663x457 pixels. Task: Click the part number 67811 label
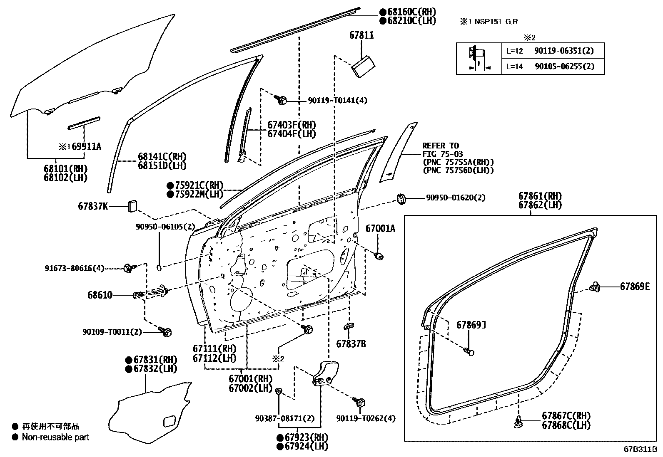coord(361,35)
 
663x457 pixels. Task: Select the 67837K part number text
coord(93,206)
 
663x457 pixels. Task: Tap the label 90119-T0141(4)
coord(337,100)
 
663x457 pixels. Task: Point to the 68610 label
coord(100,295)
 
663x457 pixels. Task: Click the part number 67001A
coord(380,229)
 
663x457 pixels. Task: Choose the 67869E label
coord(635,287)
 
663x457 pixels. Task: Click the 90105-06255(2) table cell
coord(564,66)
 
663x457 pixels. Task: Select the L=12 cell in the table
coord(514,51)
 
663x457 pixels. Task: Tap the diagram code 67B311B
coord(640,450)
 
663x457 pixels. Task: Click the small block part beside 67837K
coord(132,206)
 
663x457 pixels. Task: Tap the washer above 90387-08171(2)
coord(279,390)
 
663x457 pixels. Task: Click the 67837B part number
coord(351,344)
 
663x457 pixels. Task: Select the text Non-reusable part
coord(55,437)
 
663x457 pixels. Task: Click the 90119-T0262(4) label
coord(366,418)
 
